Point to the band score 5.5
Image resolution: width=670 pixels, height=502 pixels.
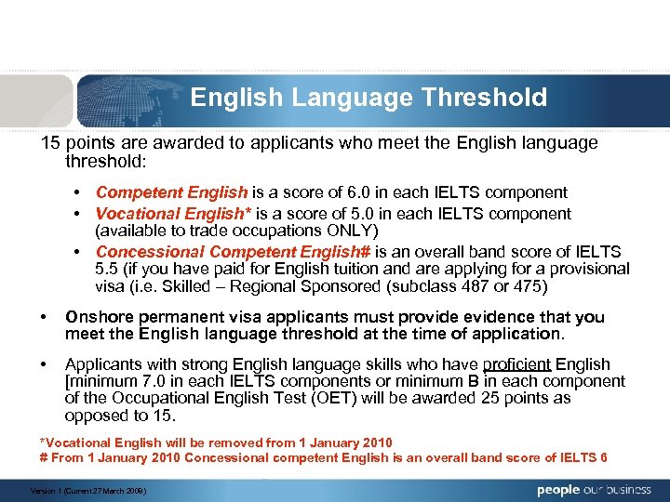click(x=108, y=269)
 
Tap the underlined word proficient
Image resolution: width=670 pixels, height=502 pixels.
click(x=518, y=364)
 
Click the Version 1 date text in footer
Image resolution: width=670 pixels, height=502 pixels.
click(x=89, y=490)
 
